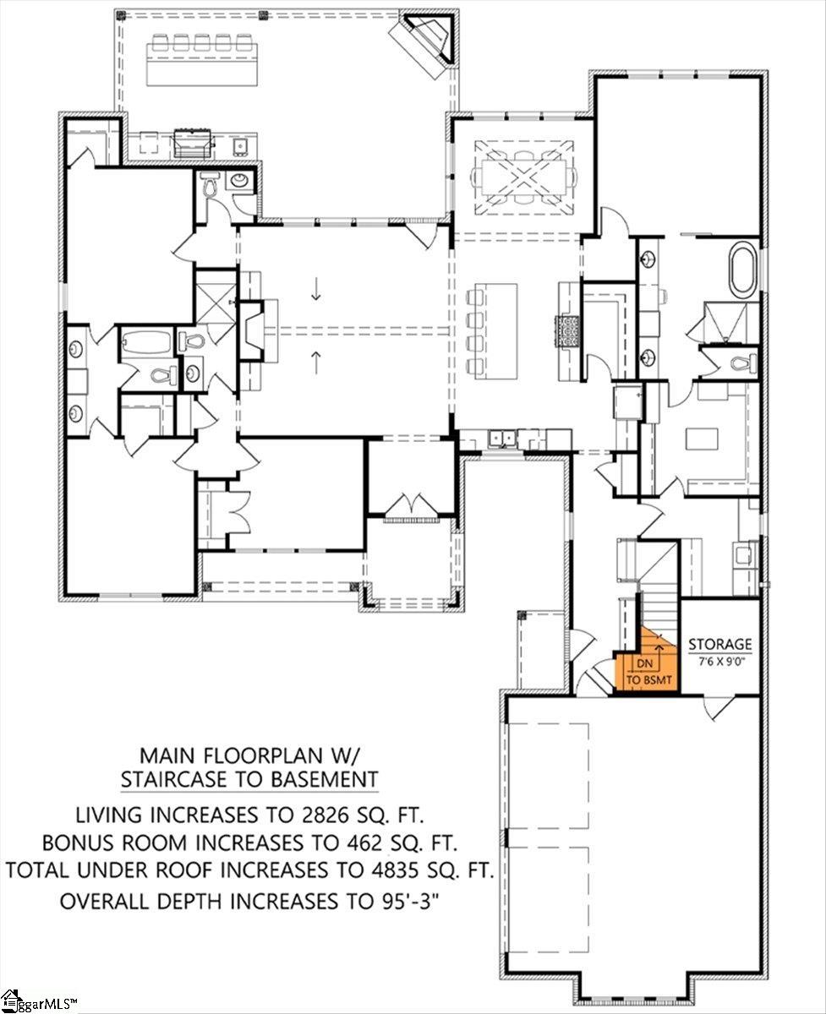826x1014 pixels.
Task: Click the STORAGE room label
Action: [x=719, y=644]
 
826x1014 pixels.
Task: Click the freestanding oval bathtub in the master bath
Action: [x=742, y=269]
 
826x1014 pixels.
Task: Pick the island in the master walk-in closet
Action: [x=702, y=439]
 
